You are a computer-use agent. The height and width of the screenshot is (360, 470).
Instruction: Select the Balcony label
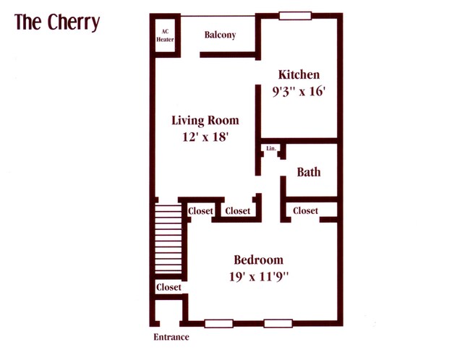pyautogui.click(x=220, y=35)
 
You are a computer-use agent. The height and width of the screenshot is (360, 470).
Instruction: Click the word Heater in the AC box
pyautogui.click(x=166, y=40)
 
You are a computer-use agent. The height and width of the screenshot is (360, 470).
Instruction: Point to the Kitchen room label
pyautogui.click(x=299, y=74)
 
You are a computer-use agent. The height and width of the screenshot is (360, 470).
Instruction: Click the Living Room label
pyautogui.click(x=205, y=120)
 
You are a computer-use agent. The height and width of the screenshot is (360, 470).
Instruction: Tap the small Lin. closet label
pyautogui.click(x=272, y=148)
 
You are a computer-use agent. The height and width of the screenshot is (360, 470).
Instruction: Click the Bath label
pyautogui.click(x=309, y=172)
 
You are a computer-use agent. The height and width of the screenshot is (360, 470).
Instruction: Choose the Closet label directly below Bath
pyautogui.click(x=305, y=210)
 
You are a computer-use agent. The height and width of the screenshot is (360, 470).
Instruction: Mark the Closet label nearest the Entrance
pyautogui.click(x=168, y=287)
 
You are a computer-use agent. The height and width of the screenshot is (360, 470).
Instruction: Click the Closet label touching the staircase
pyautogui.click(x=200, y=211)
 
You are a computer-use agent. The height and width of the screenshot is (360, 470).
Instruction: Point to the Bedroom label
pyautogui.click(x=258, y=260)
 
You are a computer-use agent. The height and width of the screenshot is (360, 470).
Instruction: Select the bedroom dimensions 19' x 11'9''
pyautogui.click(x=258, y=276)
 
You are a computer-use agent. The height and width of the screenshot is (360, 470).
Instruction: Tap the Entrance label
pyautogui.click(x=171, y=337)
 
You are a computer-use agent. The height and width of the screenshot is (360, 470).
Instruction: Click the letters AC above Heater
pyautogui.click(x=166, y=31)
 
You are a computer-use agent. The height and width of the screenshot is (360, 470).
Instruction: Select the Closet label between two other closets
pyautogui.click(x=237, y=211)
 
